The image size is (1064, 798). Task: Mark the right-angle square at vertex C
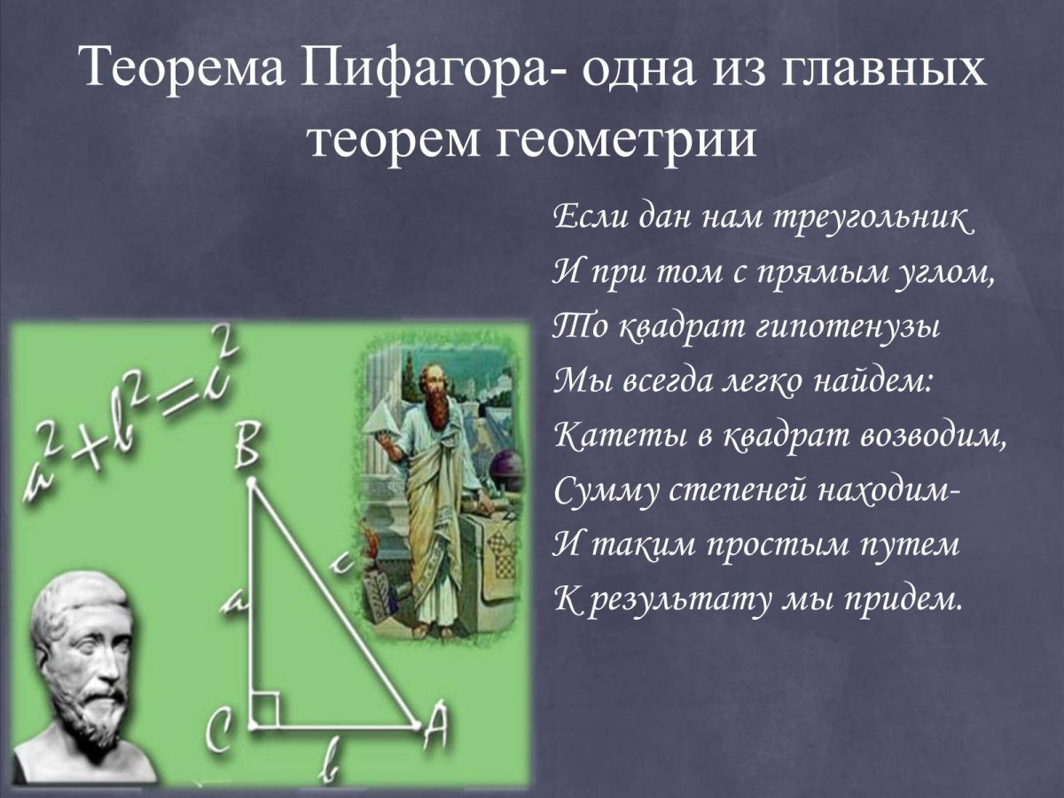click(x=265, y=710)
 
